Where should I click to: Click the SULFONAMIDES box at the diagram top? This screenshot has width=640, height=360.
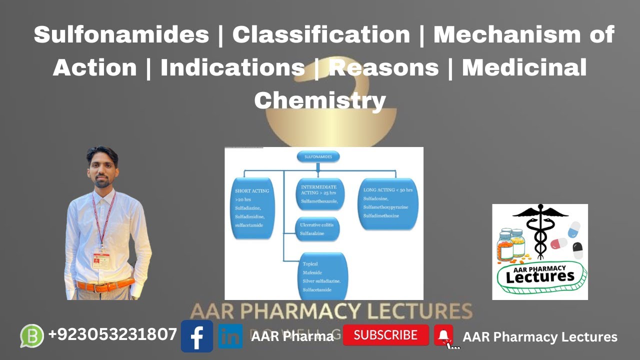point(318,157)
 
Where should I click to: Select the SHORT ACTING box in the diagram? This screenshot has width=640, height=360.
point(254,207)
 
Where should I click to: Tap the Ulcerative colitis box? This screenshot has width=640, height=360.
point(317,229)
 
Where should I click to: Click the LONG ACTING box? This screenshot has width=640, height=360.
point(388,203)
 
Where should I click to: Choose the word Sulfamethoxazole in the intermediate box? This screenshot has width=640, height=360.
point(319,201)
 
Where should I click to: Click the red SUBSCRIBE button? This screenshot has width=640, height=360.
point(385,335)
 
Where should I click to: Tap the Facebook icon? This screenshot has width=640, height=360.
point(196,336)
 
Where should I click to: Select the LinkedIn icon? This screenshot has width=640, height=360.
point(230,336)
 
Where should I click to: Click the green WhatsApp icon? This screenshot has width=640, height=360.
point(32,335)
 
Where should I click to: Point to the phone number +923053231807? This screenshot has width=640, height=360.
point(112,334)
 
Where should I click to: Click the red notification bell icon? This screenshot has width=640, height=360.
point(443,335)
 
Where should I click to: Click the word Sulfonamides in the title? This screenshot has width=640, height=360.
point(121,34)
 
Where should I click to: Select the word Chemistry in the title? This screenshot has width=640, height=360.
point(320,99)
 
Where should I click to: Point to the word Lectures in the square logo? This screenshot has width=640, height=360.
point(539,276)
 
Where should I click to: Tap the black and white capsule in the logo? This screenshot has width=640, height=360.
point(577,250)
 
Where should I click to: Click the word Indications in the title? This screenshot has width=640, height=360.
point(232,67)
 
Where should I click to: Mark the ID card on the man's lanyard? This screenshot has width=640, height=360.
point(101,260)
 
